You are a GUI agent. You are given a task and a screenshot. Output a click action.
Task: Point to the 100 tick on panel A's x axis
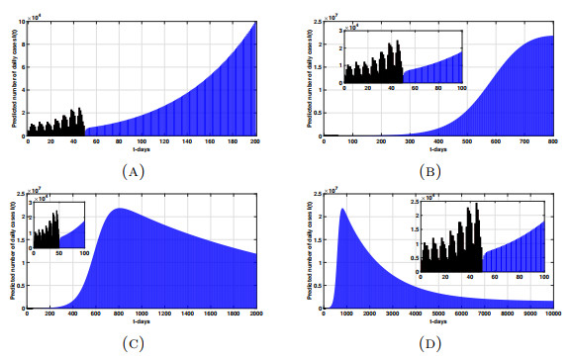(142, 141)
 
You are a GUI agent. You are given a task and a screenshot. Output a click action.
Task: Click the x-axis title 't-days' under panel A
(142, 149)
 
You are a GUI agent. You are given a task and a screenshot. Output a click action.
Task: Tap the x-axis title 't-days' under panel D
(438, 322)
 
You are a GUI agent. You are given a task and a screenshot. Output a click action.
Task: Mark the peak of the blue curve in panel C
(120, 209)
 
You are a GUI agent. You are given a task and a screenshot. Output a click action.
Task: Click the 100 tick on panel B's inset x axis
(462, 88)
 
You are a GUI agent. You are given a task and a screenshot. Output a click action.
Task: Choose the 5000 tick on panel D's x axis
(438, 315)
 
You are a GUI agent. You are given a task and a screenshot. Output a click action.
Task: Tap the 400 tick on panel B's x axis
(439, 141)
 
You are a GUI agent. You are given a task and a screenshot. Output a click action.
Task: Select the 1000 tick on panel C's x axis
(142, 315)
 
